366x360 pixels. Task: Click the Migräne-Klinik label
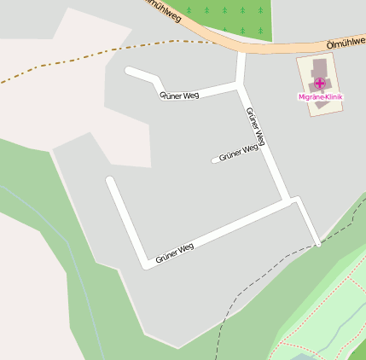(320, 97)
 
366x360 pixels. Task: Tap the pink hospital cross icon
(319, 84)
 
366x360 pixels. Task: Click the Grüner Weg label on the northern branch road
(179, 95)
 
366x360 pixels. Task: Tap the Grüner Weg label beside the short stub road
(238, 152)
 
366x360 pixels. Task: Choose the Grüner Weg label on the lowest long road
(175, 253)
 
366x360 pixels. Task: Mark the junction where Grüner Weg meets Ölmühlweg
(241, 51)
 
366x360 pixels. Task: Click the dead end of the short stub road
(215, 159)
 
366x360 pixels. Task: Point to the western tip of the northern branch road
(128, 71)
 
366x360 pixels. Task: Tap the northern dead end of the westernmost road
(109, 180)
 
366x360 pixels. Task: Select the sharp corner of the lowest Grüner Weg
(147, 264)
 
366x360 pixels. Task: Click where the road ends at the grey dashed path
(317, 243)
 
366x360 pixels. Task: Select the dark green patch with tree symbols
(230, 15)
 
